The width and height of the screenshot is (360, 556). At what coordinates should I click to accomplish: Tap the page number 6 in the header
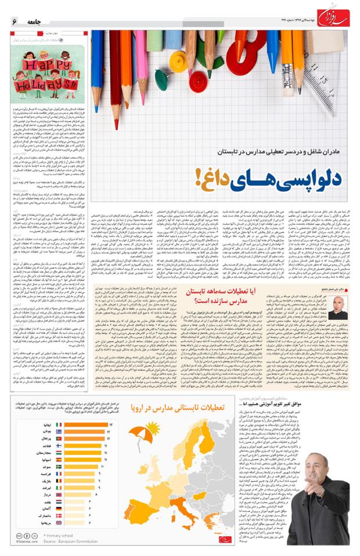14,21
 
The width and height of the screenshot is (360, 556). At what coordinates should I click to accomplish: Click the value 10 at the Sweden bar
103,467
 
